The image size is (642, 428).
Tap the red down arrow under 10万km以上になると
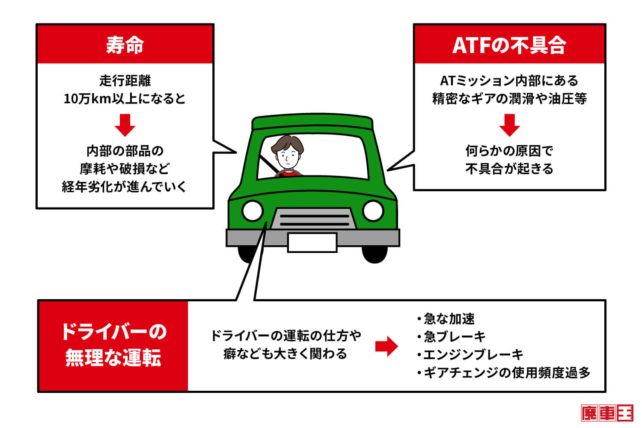[x=125, y=125]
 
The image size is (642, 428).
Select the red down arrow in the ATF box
[x=509, y=125]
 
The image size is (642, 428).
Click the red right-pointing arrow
[x=386, y=346]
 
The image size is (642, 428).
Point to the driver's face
[x=286, y=157]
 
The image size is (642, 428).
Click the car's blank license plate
[x=312, y=242]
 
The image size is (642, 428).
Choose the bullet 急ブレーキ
[x=454, y=337]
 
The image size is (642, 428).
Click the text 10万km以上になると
[x=125, y=99]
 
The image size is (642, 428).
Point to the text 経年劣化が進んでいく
[x=125, y=187]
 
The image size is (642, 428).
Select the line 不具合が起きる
[x=509, y=169]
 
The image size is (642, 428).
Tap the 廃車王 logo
[x=607, y=413]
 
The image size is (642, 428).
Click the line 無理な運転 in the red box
[x=113, y=358]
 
